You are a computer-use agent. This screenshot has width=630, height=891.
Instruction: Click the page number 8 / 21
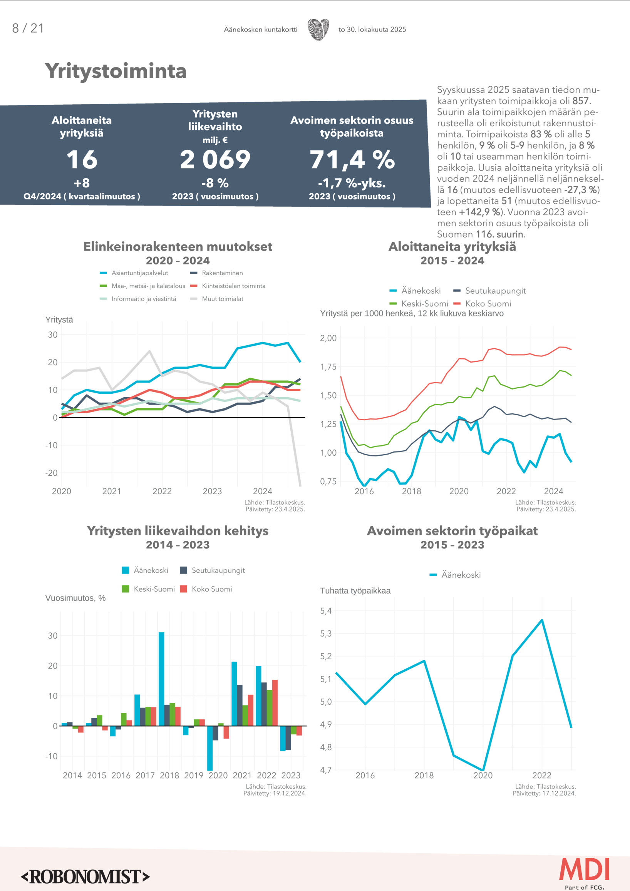pos(28,28)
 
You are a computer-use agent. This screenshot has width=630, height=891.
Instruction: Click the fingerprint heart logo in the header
pos(318,30)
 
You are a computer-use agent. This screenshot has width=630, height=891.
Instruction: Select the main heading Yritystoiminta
pos(116,71)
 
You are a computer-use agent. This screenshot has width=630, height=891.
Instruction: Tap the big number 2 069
pos(215,159)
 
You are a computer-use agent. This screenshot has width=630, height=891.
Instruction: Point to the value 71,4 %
pos(352,160)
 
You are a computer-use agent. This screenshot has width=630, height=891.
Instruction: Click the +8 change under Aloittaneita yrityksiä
pos(82,183)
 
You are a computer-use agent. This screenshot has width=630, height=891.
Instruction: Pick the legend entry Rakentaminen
pos(222,273)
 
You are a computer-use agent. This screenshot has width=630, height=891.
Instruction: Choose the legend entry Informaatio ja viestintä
pos(144,299)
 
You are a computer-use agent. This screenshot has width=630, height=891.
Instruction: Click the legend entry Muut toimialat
pos(222,299)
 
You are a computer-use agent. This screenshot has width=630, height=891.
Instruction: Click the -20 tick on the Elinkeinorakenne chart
pos(52,473)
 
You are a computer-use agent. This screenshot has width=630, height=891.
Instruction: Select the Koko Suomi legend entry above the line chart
pos(488,303)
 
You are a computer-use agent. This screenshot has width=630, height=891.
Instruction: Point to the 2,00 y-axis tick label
pos(328,338)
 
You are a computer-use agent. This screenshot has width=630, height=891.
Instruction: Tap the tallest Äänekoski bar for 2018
pos(161,679)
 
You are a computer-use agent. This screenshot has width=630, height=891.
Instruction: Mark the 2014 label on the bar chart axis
pos(72,776)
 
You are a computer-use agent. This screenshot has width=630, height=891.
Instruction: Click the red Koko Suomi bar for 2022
pos(275,702)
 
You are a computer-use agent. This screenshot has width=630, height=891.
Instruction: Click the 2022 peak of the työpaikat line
pos(542,620)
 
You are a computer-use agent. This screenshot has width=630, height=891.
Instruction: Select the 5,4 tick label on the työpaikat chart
pos(326,611)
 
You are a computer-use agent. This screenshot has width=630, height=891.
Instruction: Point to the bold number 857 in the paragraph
pos(581,101)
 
